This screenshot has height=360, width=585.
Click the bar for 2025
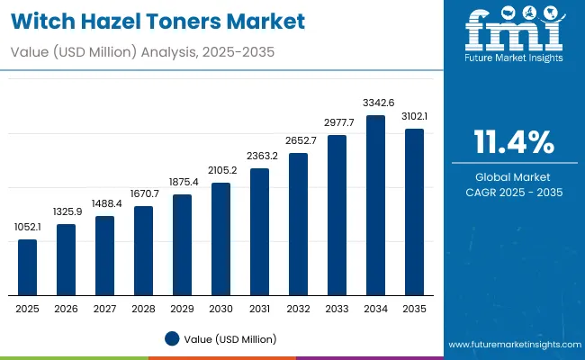[x=28, y=267]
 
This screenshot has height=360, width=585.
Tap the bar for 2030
[x=220, y=239]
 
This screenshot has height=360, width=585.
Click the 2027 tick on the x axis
[x=104, y=309]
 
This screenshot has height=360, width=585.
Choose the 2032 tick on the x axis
[x=298, y=309]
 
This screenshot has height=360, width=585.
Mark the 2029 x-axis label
[x=182, y=309]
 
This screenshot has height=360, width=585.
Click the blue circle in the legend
[x=172, y=338]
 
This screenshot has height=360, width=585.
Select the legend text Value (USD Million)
[x=229, y=338]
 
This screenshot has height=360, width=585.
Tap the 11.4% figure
[x=515, y=141]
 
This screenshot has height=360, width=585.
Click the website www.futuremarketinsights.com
[x=514, y=345]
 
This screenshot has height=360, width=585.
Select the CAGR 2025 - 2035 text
[x=515, y=193]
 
